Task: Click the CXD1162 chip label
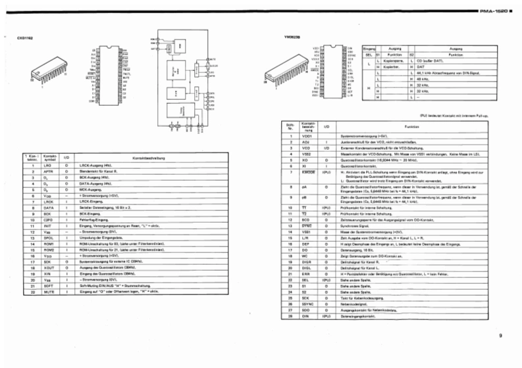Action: coord(25,38)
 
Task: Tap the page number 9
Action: coord(500,336)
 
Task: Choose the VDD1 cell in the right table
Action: coord(306,135)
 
